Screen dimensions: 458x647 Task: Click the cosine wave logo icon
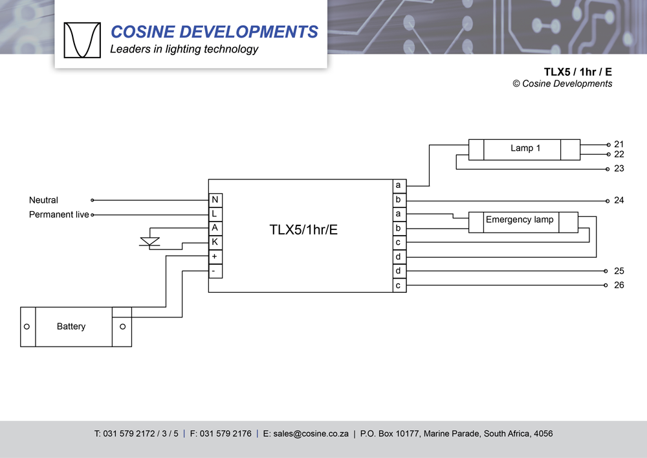[x=82, y=40]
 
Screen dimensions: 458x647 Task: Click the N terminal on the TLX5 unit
[x=215, y=200]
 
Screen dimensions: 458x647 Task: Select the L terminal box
[x=215, y=214]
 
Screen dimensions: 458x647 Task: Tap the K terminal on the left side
[x=215, y=242]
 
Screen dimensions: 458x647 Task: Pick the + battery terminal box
[x=215, y=257]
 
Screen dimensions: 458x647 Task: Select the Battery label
[x=71, y=326]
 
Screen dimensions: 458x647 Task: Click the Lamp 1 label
[x=525, y=148]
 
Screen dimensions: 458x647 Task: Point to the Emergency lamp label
[x=520, y=220]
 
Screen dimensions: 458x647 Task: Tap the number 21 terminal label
[x=619, y=144]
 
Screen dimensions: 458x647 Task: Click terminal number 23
[x=619, y=168]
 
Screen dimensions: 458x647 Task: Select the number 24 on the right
[x=619, y=200]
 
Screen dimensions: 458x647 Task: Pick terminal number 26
[x=619, y=285]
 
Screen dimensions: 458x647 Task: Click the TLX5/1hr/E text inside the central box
[x=303, y=229]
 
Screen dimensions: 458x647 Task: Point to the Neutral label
[x=43, y=200]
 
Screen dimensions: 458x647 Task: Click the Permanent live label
[x=59, y=214]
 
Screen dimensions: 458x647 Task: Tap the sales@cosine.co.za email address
[x=311, y=434]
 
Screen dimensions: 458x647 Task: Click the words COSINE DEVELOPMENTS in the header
[x=214, y=32]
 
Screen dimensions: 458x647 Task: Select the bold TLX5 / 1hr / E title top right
[x=578, y=72]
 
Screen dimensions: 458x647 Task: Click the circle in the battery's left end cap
[x=27, y=326]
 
